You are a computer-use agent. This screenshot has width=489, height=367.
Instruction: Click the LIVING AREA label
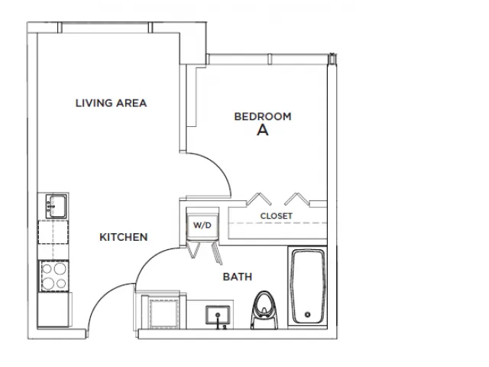tap(111, 103)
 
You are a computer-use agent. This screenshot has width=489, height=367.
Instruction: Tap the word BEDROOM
tap(263, 116)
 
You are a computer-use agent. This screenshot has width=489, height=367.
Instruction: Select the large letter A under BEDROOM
tap(263, 130)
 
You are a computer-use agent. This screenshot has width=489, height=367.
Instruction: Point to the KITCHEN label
tap(124, 237)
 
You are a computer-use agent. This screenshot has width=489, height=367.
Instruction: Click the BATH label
tap(238, 277)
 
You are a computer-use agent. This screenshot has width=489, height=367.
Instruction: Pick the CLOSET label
tap(277, 216)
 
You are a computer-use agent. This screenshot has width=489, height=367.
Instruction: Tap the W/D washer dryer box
tap(202, 225)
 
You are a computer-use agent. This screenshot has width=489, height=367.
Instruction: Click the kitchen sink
tap(56, 206)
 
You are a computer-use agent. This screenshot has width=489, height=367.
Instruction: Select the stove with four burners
tap(53, 276)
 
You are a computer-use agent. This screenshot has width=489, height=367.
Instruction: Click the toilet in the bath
tap(264, 310)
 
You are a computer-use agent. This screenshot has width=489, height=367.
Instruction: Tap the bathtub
tap(308, 287)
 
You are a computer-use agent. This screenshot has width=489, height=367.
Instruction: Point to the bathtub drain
tap(308, 314)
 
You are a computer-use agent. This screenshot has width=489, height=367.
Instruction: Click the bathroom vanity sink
tap(218, 315)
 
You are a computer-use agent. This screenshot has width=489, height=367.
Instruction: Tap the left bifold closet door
tap(258, 199)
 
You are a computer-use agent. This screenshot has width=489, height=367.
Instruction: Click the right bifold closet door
tap(297, 199)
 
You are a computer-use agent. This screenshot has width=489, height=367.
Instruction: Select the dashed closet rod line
tap(277, 223)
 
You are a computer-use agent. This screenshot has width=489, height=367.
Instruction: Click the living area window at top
tap(105, 28)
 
